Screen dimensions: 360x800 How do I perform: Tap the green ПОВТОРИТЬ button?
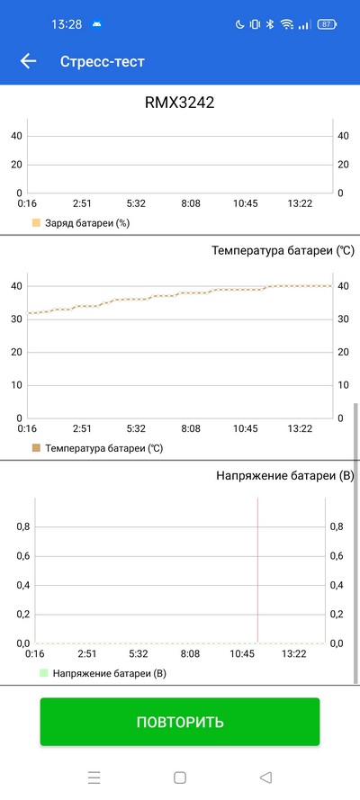coord(180,722)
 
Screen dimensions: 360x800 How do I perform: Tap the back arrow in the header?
coord(28,61)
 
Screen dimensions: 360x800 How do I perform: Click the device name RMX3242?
coord(180,103)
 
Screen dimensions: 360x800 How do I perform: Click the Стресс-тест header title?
coord(102,62)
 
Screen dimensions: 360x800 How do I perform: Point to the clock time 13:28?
coord(67,24)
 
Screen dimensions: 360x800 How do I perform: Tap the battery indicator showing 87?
coord(327,24)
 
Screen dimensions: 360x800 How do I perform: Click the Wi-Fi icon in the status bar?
coord(288,24)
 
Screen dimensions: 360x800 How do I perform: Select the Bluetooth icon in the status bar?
coord(271,24)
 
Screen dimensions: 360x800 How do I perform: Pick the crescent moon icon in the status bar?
coord(239,24)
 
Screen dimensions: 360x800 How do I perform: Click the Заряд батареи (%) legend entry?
coord(81,223)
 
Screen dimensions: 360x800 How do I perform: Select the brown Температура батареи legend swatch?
coord(36,448)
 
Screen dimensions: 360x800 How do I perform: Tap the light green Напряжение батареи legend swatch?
coord(44,673)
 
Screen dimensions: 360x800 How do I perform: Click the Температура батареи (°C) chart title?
coord(283,250)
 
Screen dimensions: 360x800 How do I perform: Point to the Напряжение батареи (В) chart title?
coord(285,476)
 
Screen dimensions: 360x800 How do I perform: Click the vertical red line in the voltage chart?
coord(257,571)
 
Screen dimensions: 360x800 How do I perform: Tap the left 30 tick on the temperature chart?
coord(17,319)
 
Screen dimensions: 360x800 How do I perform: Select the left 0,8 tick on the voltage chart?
coord(22,527)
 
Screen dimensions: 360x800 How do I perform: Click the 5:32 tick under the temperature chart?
coord(136,428)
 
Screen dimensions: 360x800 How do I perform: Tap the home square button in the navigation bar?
coord(179,778)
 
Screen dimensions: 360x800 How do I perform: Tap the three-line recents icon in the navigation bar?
coord(94,778)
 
